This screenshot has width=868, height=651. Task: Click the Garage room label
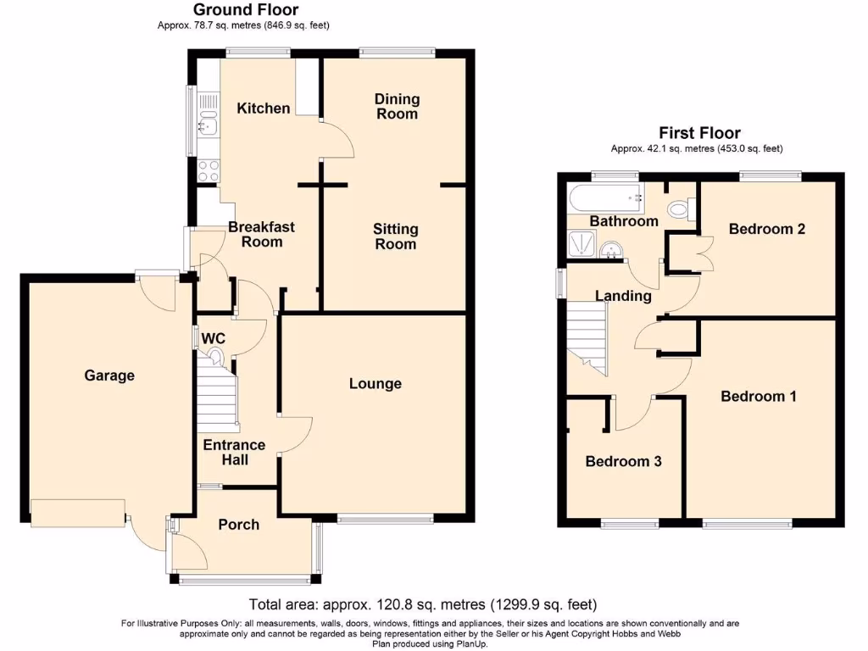tap(108, 376)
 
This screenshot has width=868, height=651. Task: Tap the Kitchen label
tap(263, 108)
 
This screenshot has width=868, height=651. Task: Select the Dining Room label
tap(397, 107)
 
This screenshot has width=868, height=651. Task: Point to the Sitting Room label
tap(395, 236)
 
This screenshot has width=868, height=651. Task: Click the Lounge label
tap(375, 384)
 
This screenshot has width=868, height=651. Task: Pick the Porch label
tap(238, 525)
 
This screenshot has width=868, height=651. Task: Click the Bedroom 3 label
tap(623, 462)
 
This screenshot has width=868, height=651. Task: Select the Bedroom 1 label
tap(758, 397)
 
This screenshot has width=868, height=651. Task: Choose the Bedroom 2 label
tap(766, 229)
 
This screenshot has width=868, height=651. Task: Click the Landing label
tap(623, 296)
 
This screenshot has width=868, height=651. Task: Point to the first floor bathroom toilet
tap(680, 209)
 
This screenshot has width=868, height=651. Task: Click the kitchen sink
tap(208, 128)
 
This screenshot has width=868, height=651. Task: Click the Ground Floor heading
tap(246, 10)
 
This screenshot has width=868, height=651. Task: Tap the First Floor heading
tap(699, 133)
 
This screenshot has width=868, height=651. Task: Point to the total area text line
tap(422, 605)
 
